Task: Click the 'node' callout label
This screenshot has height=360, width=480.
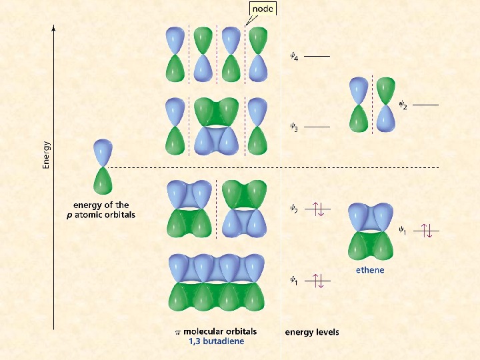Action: click(x=261, y=9)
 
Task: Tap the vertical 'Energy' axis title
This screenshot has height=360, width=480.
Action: click(x=46, y=154)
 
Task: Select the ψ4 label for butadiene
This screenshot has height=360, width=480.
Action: click(x=293, y=57)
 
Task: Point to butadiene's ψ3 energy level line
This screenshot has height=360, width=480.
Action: click(x=317, y=127)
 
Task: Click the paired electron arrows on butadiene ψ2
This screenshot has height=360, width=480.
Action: click(x=317, y=210)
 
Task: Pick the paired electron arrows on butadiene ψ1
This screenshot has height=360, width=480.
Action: click(x=317, y=281)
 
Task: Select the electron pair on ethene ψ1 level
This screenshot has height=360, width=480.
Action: click(x=427, y=231)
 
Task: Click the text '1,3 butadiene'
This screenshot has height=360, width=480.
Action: click(x=217, y=341)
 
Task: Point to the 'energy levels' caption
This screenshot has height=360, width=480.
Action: click(x=312, y=332)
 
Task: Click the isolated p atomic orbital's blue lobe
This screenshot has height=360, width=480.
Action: click(x=101, y=153)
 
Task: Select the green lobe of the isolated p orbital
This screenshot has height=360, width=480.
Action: click(x=101, y=181)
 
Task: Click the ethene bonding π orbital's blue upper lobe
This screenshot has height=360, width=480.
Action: click(x=368, y=217)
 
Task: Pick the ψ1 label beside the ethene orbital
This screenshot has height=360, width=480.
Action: click(x=402, y=230)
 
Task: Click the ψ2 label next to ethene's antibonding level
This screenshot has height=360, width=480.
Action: click(x=402, y=104)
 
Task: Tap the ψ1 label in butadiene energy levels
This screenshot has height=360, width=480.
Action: click(x=293, y=281)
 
